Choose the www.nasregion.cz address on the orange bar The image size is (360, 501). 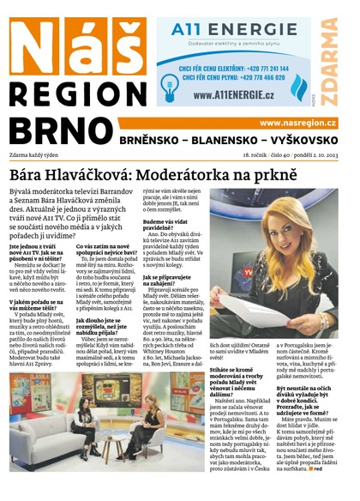coord(297,124)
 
